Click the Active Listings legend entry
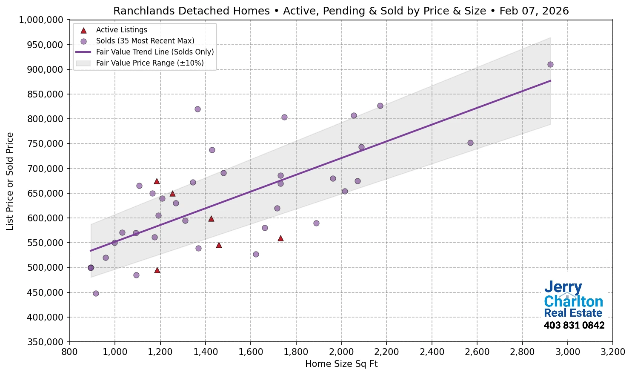coord(121,30)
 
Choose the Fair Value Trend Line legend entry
coord(154,52)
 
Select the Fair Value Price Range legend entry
coord(149,63)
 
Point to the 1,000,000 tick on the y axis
coord(41,20)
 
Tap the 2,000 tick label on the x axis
coord(341,352)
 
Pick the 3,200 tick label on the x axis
coord(612,352)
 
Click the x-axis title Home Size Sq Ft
coord(341,364)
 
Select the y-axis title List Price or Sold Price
coord(10,181)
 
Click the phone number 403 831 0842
coord(574,326)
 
